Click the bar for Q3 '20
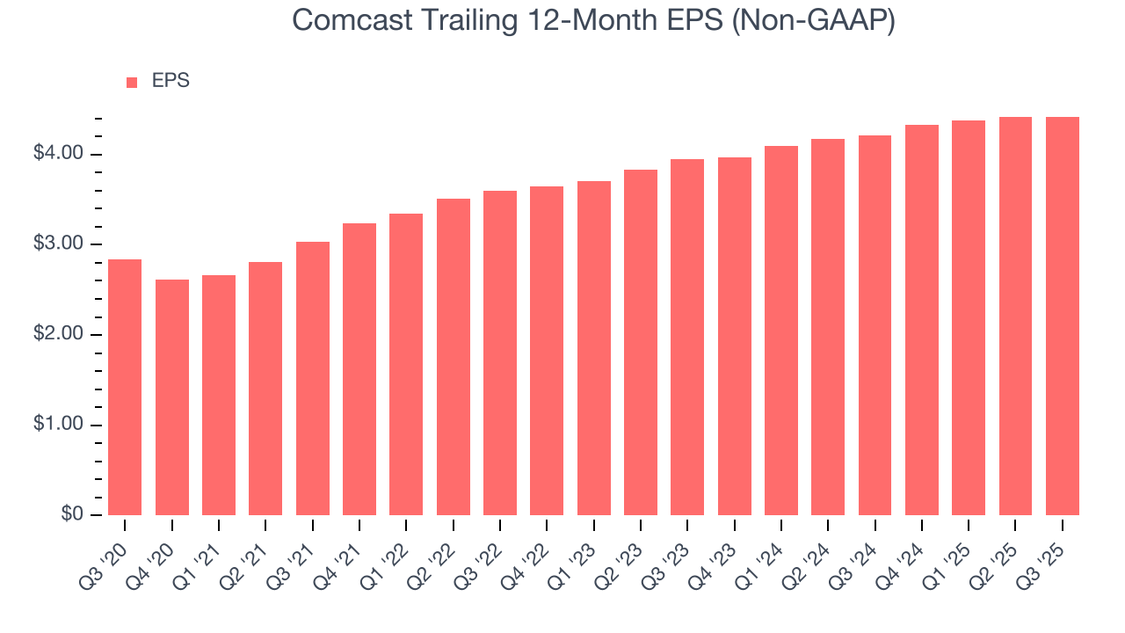pyautogui.click(x=125, y=387)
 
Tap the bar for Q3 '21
pyautogui.click(x=313, y=378)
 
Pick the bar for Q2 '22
pyautogui.click(x=453, y=357)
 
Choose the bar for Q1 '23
pyautogui.click(x=594, y=348)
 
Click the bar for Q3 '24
pyautogui.click(x=875, y=325)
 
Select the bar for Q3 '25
pyautogui.click(x=1062, y=316)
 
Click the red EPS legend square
pyautogui.click(x=132, y=82)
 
